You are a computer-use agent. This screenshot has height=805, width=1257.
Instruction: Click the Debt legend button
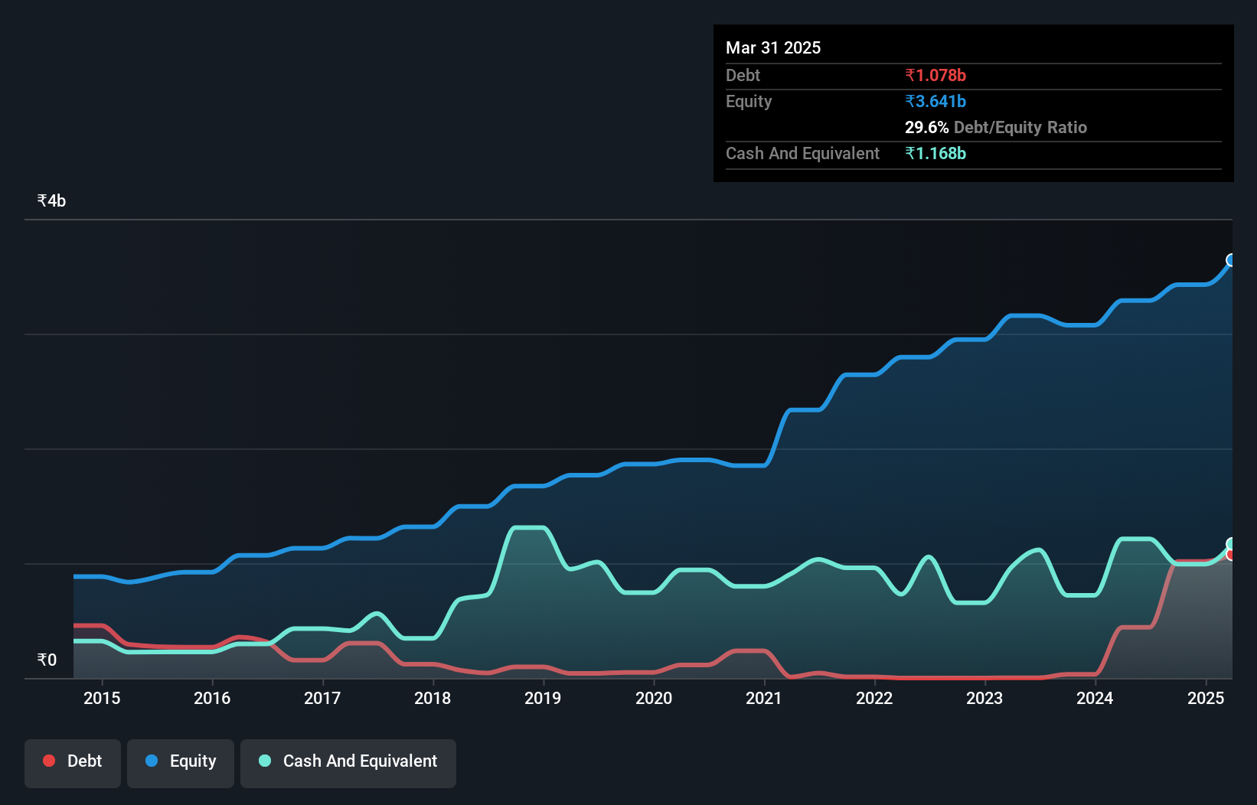coord(73,761)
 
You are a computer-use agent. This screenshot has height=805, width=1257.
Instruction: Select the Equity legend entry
coord(181,761)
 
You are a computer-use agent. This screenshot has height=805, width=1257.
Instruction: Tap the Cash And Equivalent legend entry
coord(348,761)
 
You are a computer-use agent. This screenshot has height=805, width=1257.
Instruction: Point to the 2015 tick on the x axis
coord(102,698)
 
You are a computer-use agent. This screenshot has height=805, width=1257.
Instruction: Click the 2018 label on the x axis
coord(433,698)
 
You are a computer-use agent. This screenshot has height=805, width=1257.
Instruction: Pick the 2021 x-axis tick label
coord(764,698)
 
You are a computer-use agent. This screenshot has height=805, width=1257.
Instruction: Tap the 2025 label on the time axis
coord(1206,698)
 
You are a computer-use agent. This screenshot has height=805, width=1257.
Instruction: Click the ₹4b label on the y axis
coord(51,200)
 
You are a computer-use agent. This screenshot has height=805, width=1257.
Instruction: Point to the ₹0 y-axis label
coord(47,660)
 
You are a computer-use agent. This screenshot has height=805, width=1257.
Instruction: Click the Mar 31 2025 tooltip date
coord(773,47)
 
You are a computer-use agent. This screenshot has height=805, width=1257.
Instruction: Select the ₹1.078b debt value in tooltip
coord(935,75)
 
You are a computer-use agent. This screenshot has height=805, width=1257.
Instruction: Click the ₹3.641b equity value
coord(935,101)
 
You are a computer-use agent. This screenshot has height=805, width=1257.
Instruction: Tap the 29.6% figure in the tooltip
coord(926,127)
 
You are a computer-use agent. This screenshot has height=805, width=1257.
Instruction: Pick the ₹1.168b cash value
coord(935,153)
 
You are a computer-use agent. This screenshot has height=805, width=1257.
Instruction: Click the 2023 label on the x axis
coord(984,698)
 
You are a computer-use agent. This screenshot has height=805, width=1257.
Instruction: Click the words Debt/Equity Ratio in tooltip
coord(1020,127)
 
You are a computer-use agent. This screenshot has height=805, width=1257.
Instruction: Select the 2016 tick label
coord(212,698)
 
